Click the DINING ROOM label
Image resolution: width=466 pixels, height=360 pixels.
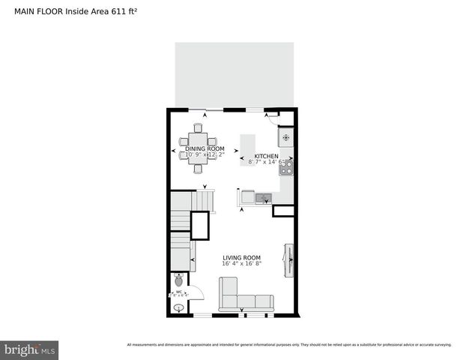[x=204, y=148]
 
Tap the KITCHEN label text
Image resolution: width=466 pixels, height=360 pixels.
[x=266, y=155]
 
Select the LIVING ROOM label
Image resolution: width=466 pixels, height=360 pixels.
[x=241, y=257]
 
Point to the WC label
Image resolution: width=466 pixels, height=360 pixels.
[x=178, y=292]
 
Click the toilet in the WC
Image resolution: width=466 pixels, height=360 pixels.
[x=178, y=280]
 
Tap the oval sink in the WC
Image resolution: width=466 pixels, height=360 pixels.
[x=179, y=307]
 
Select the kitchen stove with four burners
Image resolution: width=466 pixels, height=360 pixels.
[x=285, y=168]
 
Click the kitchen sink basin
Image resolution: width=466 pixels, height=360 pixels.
[x=263, y=198]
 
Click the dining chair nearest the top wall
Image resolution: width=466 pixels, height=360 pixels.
[x=199, y=127]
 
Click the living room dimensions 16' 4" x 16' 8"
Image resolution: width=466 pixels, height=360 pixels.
[x=241, y=264]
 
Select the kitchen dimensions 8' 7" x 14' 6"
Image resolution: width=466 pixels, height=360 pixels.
[x=267, y=162]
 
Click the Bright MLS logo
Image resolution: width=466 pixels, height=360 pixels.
[x=29, y=350]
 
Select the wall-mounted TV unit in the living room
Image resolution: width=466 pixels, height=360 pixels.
[x=288, y=259]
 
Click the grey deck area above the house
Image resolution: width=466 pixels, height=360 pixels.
[x=234, y=73]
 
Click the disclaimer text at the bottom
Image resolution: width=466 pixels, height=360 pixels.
[x=289, y=345]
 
